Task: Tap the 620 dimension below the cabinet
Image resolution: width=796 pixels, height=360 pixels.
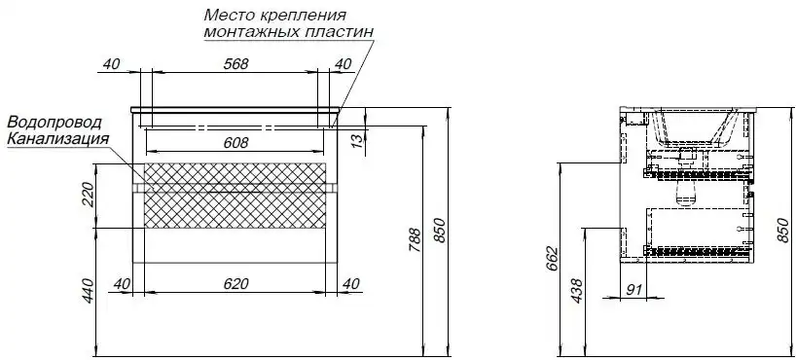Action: click(236, 283)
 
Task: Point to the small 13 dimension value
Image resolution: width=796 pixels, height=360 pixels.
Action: click(358, 141)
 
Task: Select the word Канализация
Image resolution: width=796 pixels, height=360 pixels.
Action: click(55, 139)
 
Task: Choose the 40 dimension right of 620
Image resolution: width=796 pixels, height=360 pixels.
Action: click(351, 283)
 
